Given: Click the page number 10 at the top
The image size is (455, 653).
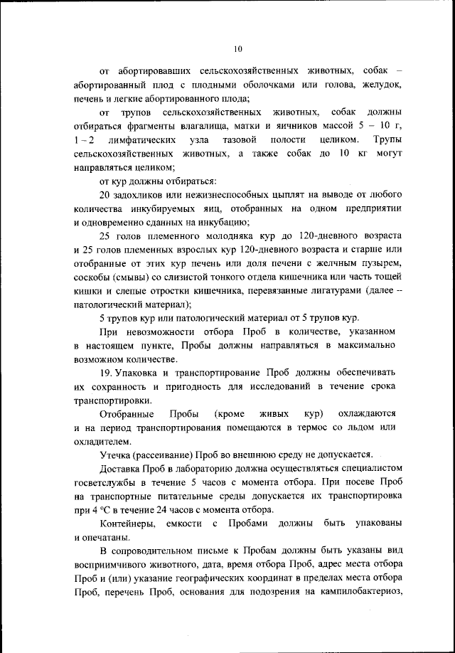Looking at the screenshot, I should tap(237, 48).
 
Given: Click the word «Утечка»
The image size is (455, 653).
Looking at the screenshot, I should tap(115, 454).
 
